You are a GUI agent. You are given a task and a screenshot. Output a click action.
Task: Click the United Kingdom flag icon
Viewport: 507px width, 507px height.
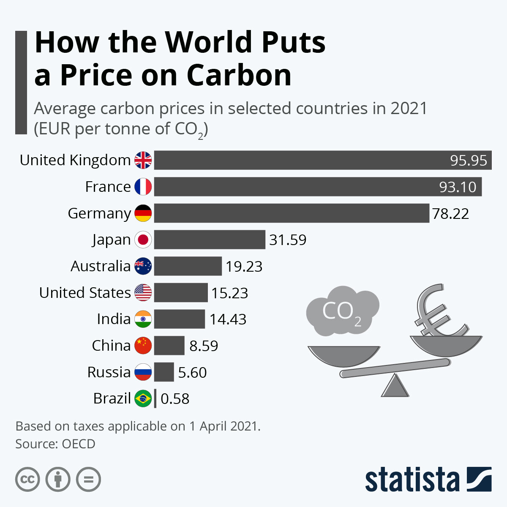(143, 160)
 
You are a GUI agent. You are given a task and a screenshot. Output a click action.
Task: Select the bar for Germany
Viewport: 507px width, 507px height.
(292, 213)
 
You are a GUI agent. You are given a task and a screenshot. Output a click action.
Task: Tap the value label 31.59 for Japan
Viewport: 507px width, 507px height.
(288, 240)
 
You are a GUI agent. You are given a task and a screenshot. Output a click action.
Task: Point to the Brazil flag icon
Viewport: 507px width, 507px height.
(143, 398)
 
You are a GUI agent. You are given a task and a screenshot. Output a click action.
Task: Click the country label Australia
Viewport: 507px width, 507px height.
(101, 266)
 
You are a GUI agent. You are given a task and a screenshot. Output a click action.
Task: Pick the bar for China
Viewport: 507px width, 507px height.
(169, 346)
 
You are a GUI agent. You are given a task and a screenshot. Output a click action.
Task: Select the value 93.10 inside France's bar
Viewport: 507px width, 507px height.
(458, 187)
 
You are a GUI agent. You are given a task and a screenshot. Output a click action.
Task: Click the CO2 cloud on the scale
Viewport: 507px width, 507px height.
(342, 311)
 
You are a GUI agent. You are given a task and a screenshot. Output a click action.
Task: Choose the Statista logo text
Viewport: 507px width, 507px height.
(412, 480)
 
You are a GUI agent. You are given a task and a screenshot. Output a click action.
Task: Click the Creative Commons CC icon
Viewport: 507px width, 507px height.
(27, 480)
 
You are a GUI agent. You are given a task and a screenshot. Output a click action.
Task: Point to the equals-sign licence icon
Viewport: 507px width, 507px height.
(89, 480)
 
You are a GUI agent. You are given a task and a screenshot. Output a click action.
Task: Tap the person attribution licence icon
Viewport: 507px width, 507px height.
(58, 480)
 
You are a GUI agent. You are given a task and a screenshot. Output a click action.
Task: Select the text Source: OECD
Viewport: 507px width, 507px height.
(55, 444)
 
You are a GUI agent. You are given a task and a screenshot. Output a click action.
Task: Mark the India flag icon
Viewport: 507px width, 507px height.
(143, 319)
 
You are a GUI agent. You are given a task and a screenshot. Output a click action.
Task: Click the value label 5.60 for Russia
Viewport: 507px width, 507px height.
(192, 372)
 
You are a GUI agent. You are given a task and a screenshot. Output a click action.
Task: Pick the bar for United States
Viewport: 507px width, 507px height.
(181, 292)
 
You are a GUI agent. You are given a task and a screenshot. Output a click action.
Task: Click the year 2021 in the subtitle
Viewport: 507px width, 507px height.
(409, 109)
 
